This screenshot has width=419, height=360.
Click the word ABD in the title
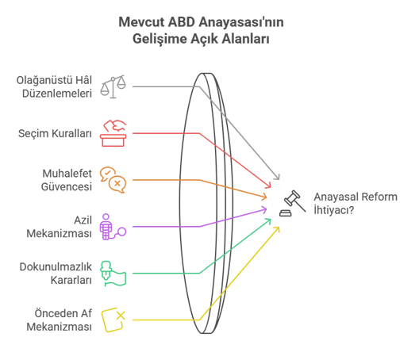182,22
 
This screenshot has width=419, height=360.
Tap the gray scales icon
113,86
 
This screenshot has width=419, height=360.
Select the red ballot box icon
113,133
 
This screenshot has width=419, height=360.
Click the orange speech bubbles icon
113,180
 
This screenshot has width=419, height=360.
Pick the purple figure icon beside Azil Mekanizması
113,227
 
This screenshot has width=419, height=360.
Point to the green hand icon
113,274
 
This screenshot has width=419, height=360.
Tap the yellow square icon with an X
113,320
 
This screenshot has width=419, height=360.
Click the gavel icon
293,203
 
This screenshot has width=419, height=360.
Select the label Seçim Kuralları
55,133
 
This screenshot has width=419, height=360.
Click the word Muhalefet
67,174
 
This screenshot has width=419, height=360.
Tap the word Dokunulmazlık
56,266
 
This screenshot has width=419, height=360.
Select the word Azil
83,220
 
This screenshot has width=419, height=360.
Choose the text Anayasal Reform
356,197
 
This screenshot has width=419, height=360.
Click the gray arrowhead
277,176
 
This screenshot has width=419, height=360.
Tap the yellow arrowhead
277,230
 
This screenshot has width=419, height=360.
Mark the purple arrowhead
264,209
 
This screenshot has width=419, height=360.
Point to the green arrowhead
267,221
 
